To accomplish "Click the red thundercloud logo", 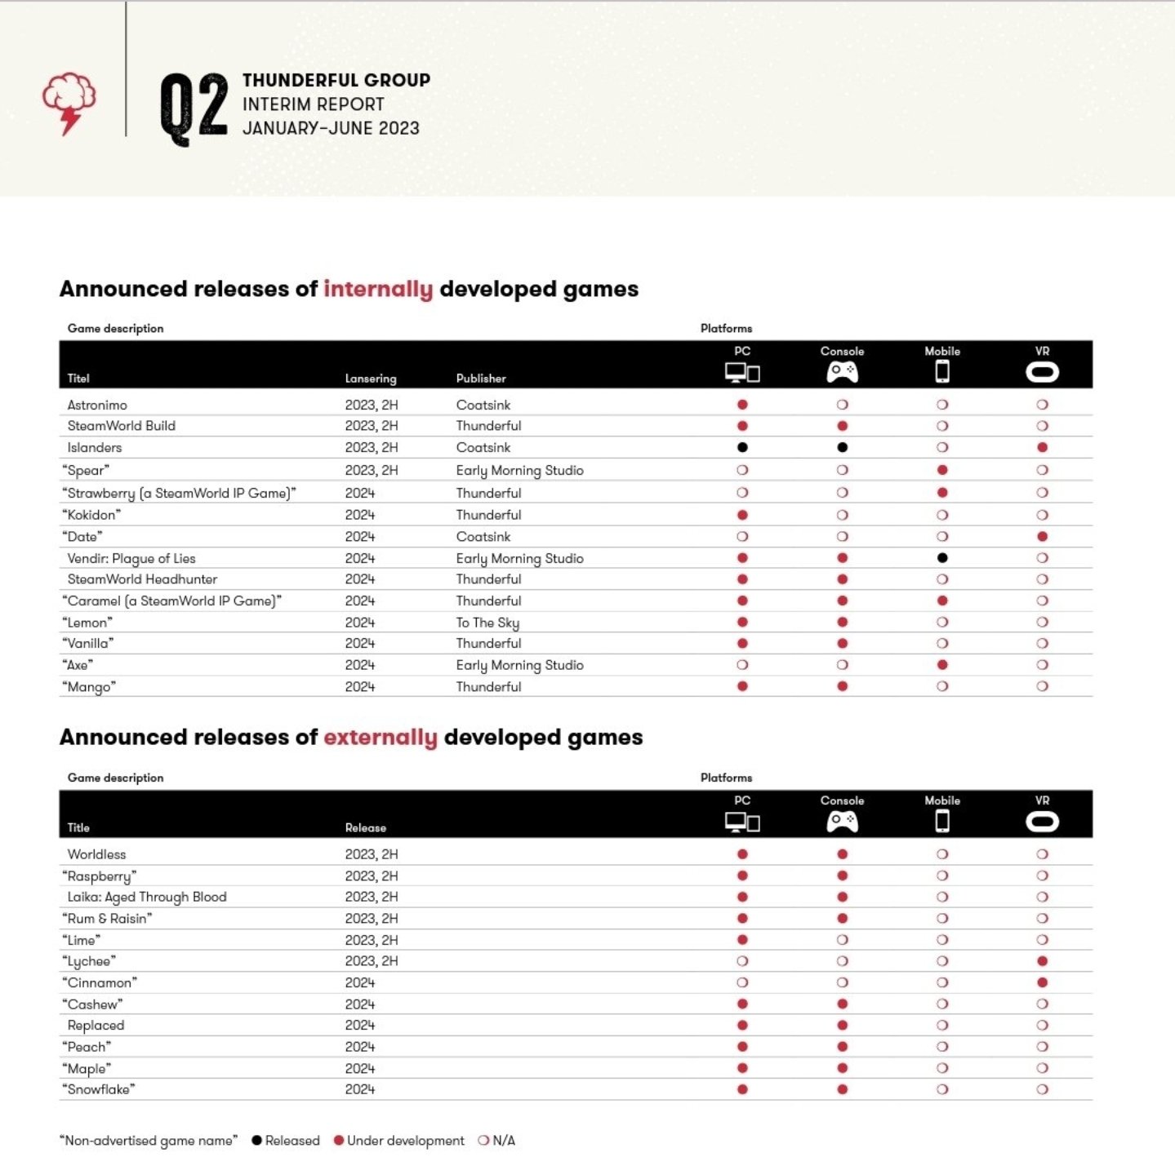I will pos(69,103).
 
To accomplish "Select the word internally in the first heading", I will pos(378,290).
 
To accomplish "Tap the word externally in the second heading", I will pos(381,738).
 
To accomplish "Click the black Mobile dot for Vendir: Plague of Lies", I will pos(942,558).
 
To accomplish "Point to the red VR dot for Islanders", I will pos(1042,447).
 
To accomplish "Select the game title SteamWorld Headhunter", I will pos(142,579).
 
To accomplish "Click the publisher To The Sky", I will pos(487,623).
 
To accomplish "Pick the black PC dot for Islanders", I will pos(742,447).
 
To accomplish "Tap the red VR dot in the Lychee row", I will pos(1042,961).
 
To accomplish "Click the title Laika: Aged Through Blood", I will pos(147,897).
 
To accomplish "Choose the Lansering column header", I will pos(371,379).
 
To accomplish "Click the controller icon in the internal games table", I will pos(842,372).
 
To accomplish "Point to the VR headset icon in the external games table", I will pos(1042,822).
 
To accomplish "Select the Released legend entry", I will pos(286,1141).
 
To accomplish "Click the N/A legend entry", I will pos(496,1141).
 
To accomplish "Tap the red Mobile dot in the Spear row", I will pos(942,470).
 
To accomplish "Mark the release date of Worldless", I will pos(372,854).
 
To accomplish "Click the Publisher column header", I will pos(481,379).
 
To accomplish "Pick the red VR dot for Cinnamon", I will pos(1042,982).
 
